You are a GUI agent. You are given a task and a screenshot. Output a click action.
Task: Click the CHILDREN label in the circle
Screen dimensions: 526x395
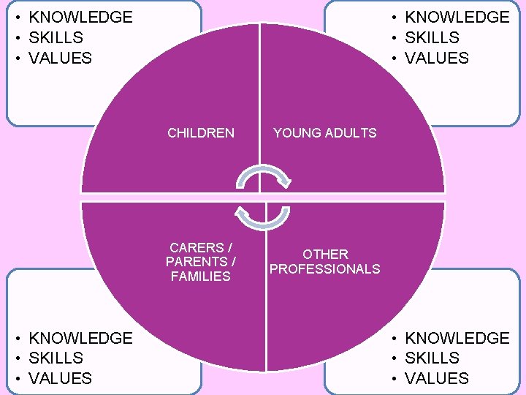(x=201, y=133)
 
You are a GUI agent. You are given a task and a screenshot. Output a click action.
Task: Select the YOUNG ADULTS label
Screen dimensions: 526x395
(x=324, y=133)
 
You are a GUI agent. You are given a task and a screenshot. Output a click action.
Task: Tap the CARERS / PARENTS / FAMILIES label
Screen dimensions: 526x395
(x=201, y=262)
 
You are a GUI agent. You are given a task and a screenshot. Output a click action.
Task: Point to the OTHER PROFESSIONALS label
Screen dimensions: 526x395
(x=325, y=262)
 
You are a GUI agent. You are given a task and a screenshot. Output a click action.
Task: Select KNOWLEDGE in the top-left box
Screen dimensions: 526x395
(x=80, y=17)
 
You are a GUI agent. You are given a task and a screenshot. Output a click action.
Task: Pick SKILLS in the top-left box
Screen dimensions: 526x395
(x=56, y=37)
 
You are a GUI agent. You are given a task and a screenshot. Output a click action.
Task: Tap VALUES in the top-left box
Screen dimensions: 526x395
(x=60, y=58)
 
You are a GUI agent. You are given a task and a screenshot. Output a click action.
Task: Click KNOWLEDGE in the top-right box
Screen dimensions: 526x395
(x=457, y=17)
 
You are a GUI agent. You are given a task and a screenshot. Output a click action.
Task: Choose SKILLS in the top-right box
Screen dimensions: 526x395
(x=432, y=37)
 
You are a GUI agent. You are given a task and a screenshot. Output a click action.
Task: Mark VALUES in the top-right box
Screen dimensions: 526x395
(x=436, y=58)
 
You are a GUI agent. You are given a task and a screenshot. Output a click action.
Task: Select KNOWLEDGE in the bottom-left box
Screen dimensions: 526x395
(x=80, y=338)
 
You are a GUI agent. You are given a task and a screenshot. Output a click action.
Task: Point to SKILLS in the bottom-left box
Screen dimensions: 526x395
(x=56, y=358)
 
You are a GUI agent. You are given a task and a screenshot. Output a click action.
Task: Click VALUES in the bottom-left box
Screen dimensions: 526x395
(x=60, y=378)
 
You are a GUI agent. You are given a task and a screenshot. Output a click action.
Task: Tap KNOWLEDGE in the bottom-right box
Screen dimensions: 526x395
(x=457, y=338)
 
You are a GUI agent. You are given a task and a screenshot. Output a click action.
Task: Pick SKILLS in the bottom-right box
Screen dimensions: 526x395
(x=432, y=358)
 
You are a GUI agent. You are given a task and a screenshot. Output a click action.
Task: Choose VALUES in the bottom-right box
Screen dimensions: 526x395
(x=436, y=378)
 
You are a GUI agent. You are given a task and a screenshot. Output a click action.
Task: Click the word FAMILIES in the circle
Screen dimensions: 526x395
(x=201, y=276)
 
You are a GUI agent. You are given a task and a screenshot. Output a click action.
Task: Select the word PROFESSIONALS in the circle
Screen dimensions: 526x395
(x=325, y=269)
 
